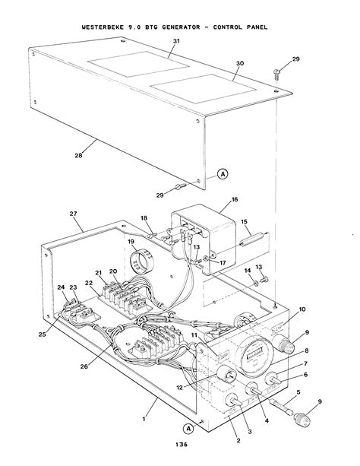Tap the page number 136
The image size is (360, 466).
[x=182, y=444]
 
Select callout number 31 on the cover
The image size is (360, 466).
[x=176, y=41]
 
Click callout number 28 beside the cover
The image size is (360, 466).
[x=78, y=155]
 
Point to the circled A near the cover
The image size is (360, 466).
[x=223, y=173]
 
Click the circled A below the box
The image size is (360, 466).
[x=188, y=429]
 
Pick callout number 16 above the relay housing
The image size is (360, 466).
[x=235, y=199]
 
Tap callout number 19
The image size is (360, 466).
[x=131, y=241]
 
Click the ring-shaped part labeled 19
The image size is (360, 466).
[x=141, y=262]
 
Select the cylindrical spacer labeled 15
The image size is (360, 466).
[x=252, y=239]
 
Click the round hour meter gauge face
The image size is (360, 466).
[x=253, y=354]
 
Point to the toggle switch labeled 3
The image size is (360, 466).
[x=235, y=401]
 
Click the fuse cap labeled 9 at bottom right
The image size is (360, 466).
[x=302, y=418]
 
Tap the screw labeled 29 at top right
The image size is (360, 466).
[x=276, y=73]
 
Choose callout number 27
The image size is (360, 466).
[x=74, y=214]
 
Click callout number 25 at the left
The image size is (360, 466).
[x=43, y=334]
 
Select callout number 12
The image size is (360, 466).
[x=179, y=388]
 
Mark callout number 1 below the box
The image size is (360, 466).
[x=144, y=419]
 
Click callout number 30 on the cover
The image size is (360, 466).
[x=240, y=63]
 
